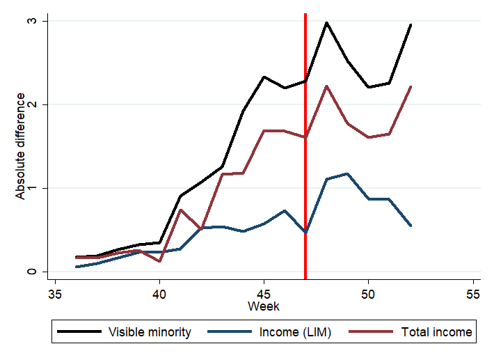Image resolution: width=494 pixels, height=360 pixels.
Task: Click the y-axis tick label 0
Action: pos(31,272)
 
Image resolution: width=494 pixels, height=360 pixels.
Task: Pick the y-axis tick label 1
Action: pos(31,188)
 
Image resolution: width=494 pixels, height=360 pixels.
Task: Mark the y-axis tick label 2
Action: pos(31,104)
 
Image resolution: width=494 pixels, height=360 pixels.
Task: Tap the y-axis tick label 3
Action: pos(31,21)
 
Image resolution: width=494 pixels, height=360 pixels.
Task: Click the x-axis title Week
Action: pos(264,306)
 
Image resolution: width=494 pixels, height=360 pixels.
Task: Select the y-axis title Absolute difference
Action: pos(20,146)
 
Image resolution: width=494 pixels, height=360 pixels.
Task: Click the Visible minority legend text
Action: pos(150,332)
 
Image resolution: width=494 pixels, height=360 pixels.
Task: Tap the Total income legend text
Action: pos(436,332)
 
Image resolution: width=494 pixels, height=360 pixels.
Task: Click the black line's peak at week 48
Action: pos(326,22)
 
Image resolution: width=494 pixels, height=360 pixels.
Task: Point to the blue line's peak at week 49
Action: pos(347,173)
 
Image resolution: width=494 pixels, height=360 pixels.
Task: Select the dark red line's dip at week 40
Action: pos(159,261)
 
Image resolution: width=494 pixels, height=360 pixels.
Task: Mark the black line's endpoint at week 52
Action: pos(411,24)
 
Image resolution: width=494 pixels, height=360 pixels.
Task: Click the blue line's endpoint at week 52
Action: pos(411,226)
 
